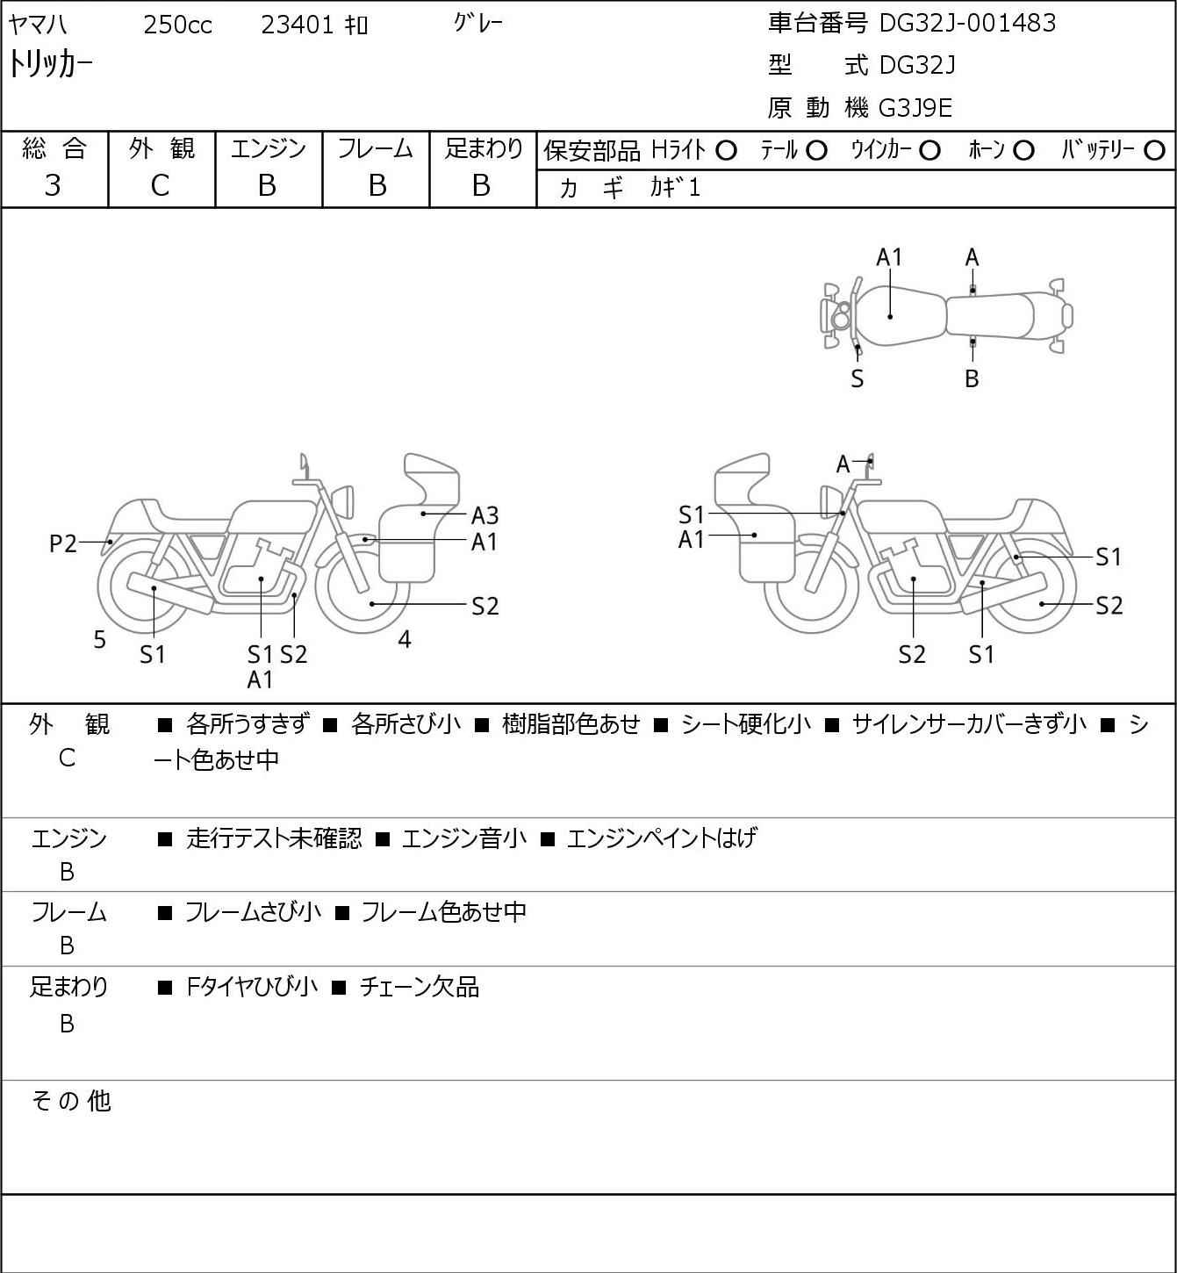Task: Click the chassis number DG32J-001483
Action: pos(966,23)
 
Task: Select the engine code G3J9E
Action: pos(915,108)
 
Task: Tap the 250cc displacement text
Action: pos(177,25)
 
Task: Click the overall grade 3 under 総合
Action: pos(53,186)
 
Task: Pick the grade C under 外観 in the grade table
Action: pos(160,186)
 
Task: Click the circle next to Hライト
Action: pos(726,151)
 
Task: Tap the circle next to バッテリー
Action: pos(1154,151)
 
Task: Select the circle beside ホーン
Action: pos(1023,151)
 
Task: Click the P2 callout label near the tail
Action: pos(63,543)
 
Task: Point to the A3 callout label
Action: pos(484,515)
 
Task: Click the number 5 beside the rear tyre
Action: pos(99,639)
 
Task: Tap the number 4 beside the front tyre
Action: pos(405,639)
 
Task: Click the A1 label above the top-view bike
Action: pos(889,257)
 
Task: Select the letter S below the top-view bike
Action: pos(858,378)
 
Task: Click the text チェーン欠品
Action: pos(420,987)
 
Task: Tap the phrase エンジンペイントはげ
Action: pos(662,838)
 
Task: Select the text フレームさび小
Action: pos(253,912)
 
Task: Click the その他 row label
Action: pos(71,1101)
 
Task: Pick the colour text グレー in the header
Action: pos(477,23)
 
